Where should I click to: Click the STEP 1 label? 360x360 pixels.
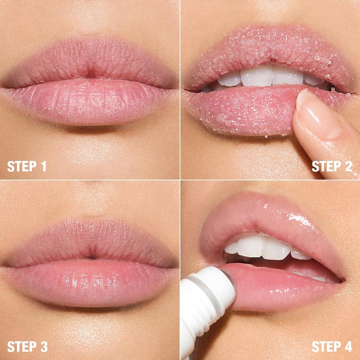[x=27, y=166]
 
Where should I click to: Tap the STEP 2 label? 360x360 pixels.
[x=332, y=166]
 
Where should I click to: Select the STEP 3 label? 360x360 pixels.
[x=27, y=346]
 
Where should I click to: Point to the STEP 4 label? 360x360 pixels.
[x=332, y=346]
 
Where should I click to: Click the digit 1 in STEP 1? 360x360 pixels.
[x=43, y=166]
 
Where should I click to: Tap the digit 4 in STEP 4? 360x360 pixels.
[x=348, y=346]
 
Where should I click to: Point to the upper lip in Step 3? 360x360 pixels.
[x=90, y=241]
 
